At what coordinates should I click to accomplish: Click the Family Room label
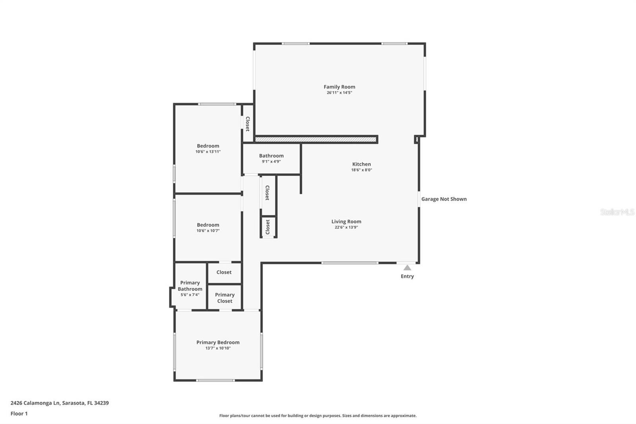[339, 87]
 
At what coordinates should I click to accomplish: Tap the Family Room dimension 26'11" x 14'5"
[339, 93]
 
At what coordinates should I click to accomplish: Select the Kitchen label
[361, 164]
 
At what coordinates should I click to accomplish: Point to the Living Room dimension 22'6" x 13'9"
[346, 228]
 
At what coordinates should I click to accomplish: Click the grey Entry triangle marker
[407, 268]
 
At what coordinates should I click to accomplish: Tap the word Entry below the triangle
[407, 276]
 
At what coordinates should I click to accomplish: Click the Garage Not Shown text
[444, 199]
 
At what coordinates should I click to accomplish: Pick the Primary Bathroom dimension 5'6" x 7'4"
[190, 295]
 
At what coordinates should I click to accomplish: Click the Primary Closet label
[225, 298]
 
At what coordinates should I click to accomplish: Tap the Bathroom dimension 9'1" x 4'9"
[271, 161]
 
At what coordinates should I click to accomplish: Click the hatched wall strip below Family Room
[316, 139]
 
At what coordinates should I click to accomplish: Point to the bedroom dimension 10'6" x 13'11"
[208, 152]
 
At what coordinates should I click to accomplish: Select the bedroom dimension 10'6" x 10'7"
[208, 231]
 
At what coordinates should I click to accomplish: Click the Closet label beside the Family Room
[248, 124]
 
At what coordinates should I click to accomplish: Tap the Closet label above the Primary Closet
[224, 272]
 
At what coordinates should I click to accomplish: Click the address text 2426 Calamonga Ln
[35, 403]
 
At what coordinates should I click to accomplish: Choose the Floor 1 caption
[19, 414]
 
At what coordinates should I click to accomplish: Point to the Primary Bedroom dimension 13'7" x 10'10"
[218, 348]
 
